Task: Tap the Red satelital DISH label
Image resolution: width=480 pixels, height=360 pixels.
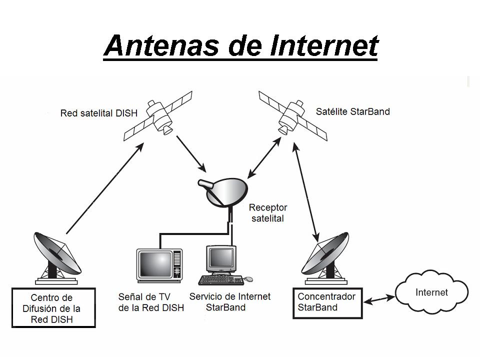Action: pos(98,113)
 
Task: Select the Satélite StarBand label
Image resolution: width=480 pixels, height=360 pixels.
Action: pos(352,111)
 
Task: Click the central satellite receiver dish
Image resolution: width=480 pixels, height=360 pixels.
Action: pos(225,191)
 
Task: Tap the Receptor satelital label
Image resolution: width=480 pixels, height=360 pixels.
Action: pos(268,212)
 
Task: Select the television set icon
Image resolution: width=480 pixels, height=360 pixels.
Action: pos(159,265)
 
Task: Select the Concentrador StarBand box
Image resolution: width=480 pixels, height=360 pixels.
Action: pos(326,302)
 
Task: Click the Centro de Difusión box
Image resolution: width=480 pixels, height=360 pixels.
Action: pos(53,307)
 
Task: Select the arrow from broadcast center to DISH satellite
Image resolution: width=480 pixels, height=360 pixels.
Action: pos(105,187)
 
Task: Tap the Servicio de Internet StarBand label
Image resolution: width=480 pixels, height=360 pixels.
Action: pos(229,301)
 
